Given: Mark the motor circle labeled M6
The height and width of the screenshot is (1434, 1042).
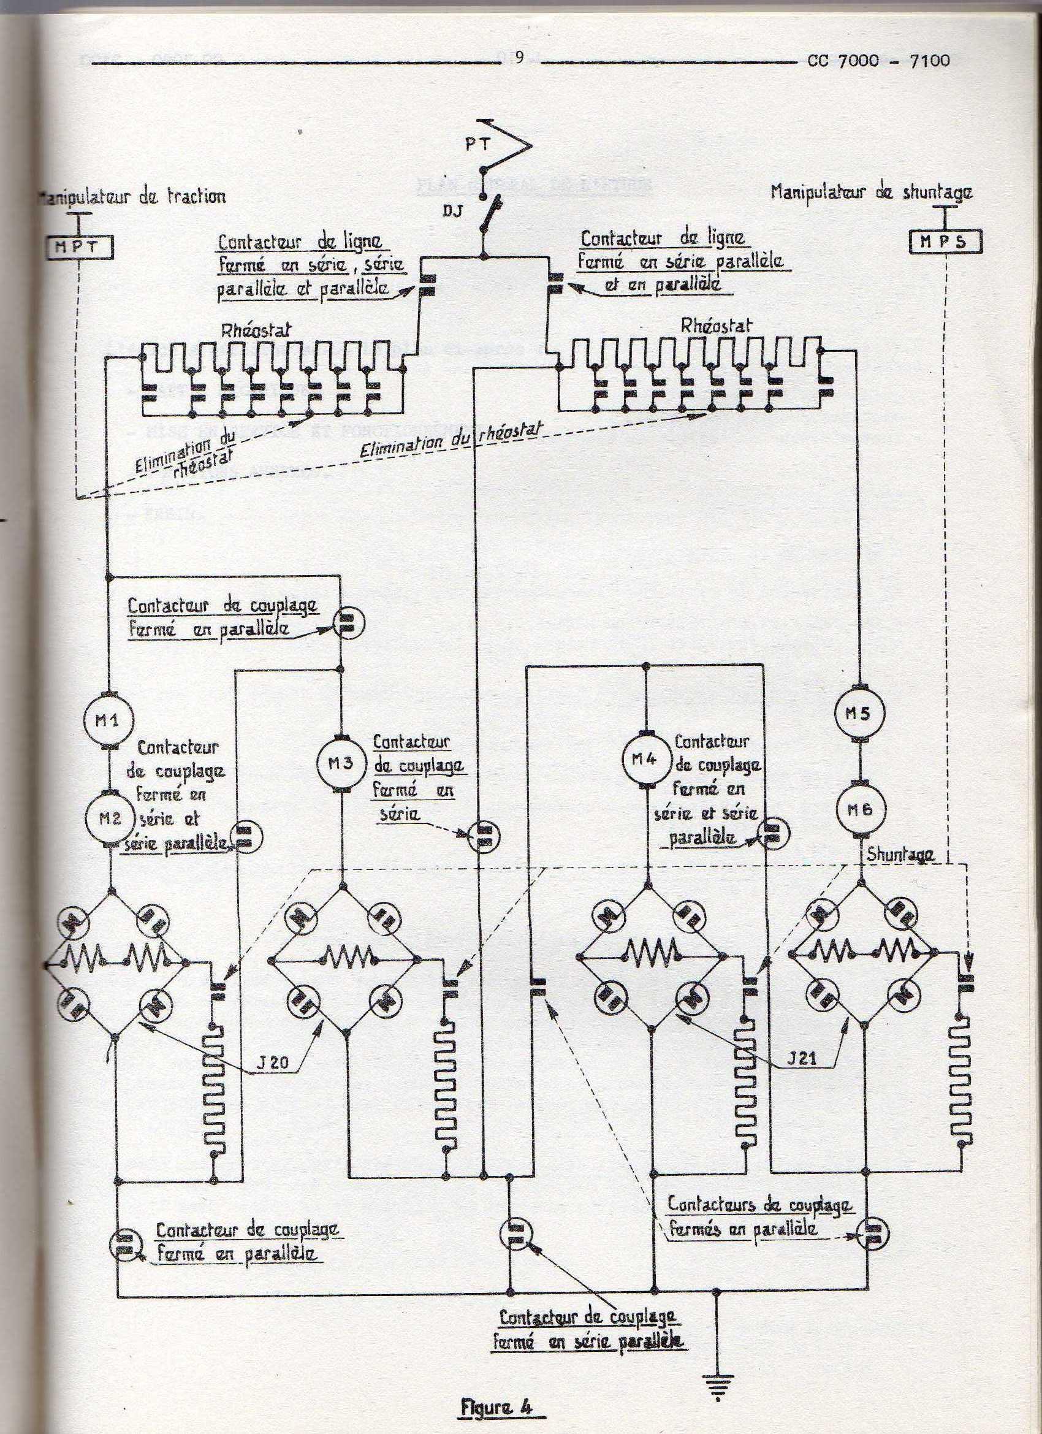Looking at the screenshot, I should coord(860,809).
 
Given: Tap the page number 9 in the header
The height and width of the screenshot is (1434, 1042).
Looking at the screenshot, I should coord(520,58).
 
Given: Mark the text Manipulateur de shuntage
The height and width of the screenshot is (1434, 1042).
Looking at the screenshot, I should coord(871,193).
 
